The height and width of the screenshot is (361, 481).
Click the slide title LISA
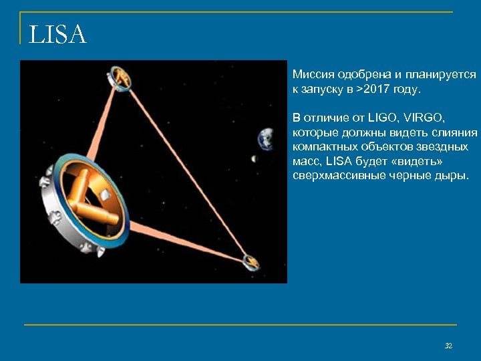tap(58, 35)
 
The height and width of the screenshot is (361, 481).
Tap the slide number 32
tap(448, 345)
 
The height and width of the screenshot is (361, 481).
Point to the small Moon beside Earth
tap(253, 158)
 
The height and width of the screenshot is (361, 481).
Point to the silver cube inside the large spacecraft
tap(106, 195)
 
